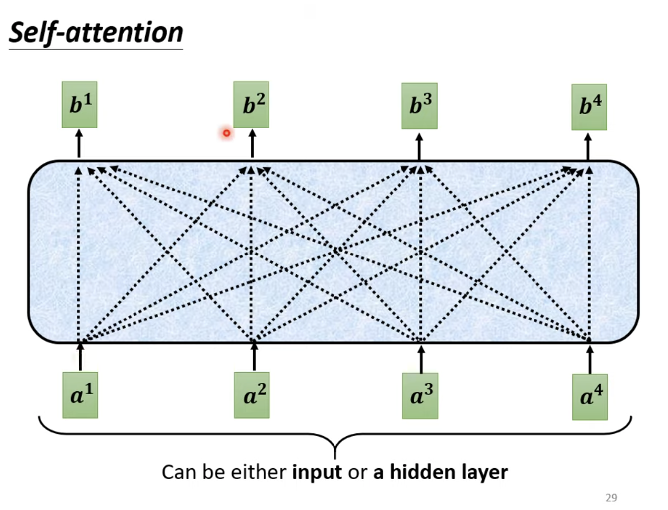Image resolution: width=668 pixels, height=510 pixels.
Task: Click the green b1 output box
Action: click(x=79, y=105)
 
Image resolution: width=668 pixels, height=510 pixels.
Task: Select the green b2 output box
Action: click(x=252, y=105)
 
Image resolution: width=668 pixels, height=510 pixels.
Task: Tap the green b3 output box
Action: click(x=419, y=106)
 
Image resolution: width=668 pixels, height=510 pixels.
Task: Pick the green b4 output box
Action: click(x=589, y=107)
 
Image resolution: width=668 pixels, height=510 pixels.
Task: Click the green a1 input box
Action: click(x=80, y=395)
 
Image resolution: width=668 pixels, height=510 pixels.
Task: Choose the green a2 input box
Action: click(x=252, y=395)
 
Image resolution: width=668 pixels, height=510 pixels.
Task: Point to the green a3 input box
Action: click(x=420, y=396)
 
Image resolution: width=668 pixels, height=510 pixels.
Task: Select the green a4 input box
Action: click(x=590, y=397)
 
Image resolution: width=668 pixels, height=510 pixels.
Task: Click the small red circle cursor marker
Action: click(x=226, y=133)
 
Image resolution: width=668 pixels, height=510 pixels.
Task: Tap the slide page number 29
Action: click(x=611, y=497)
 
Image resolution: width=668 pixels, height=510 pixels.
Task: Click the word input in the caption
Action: click(x=317, y=472)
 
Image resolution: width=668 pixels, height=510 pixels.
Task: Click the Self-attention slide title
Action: click(x=96, y=33)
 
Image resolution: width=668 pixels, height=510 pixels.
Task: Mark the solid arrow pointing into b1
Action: click(x=79, y=144)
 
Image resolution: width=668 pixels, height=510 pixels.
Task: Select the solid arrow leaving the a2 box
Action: click(x=254, y=356)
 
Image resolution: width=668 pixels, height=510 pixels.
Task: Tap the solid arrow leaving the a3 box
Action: click(x=421, y=359)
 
